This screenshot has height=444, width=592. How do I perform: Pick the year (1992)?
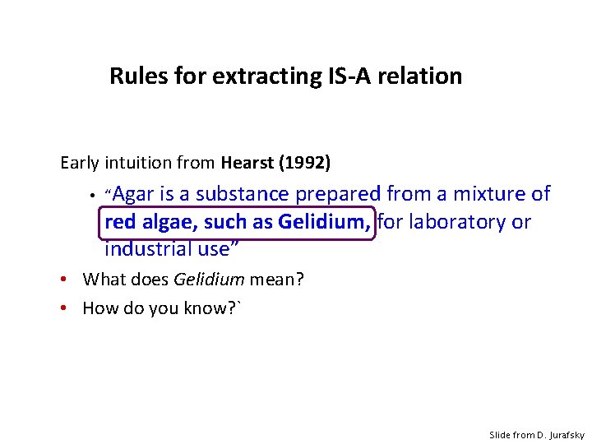(305, 163)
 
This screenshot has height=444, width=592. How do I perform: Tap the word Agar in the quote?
(133, 194)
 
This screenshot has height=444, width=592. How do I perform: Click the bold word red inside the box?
(120, 222)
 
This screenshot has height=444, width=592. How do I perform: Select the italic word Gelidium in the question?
(209, 280)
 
